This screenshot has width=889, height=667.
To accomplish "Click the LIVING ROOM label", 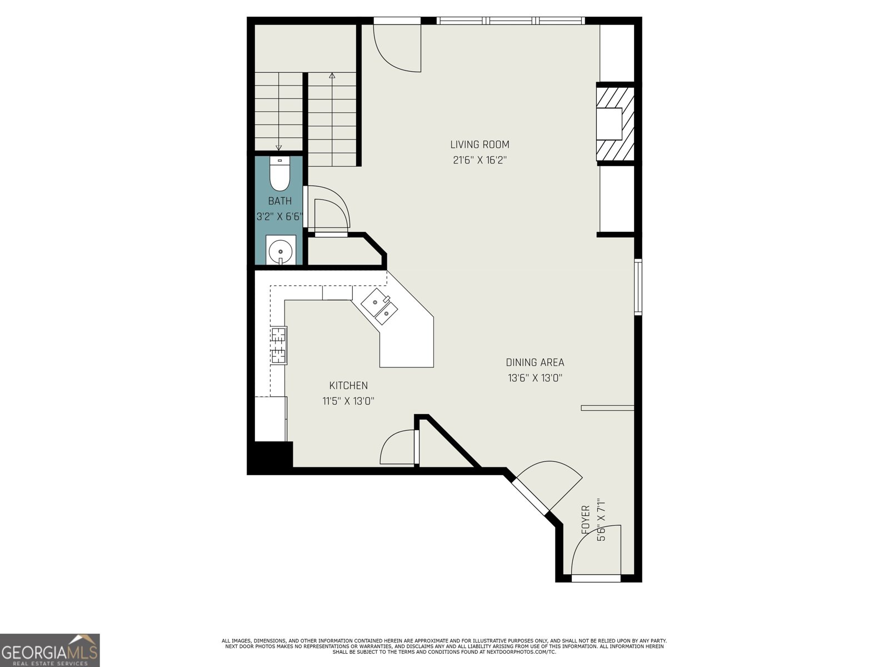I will pos(480,145).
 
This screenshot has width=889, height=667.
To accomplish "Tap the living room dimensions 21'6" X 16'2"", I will pos(480,161).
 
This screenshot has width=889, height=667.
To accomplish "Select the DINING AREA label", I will pos(535,362).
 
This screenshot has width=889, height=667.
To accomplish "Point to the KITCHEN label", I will pos(348,385).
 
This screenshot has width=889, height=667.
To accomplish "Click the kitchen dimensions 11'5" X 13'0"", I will pos(348,401).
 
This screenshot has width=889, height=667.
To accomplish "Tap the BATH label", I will pos(279,201).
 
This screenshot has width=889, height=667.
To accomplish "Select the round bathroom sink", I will pos(281,251).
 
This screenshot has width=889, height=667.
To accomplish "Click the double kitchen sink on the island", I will pos(379,307).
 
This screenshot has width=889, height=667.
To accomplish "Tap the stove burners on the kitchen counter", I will pos(279,345).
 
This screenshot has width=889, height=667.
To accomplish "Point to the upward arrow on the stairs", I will pos(332,76).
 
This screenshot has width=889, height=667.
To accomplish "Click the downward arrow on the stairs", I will pos(279,147).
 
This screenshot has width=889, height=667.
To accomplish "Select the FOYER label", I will pos(585,520).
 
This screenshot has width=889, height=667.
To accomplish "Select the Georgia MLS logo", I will pos(49,650).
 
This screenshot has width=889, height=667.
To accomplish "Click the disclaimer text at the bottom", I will pos(444,646).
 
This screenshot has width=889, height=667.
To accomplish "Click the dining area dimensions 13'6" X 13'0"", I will pos(535,378).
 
